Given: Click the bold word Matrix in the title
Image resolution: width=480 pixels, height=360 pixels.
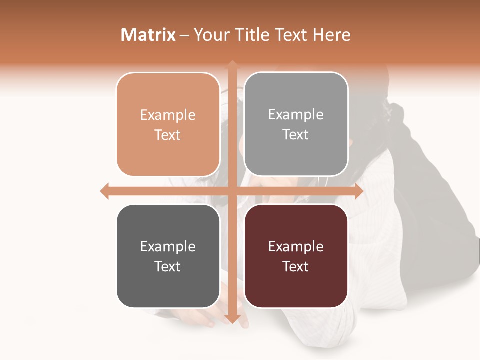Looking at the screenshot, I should pyautogui.click(x=148, y=35).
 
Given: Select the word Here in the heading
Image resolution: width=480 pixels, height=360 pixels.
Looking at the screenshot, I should pyautogui.click(x=331, y=35).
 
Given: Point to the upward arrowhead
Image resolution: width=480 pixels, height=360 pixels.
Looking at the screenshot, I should pyautogui.click(x=232, y=65).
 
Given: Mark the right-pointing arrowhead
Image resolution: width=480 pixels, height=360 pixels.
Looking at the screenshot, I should pyautogui.click(x=359, y=191).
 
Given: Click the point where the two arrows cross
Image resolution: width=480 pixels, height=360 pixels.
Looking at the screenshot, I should pyautogui.click(x=232, y=191).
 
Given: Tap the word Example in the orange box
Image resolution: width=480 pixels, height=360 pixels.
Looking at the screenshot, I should pyautogui.click(x=168, y=115).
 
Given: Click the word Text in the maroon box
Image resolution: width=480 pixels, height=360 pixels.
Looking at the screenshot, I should pyautogui.click(x=296, y=266).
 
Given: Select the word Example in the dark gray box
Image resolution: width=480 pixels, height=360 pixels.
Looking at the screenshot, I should pyautogui.click(x=168, y=247).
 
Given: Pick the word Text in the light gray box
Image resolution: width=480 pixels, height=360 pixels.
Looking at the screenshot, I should pyautogui.click(x=296, y=135).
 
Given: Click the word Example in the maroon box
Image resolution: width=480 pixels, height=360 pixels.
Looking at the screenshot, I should pyautogui.click(x=296, y=247).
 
